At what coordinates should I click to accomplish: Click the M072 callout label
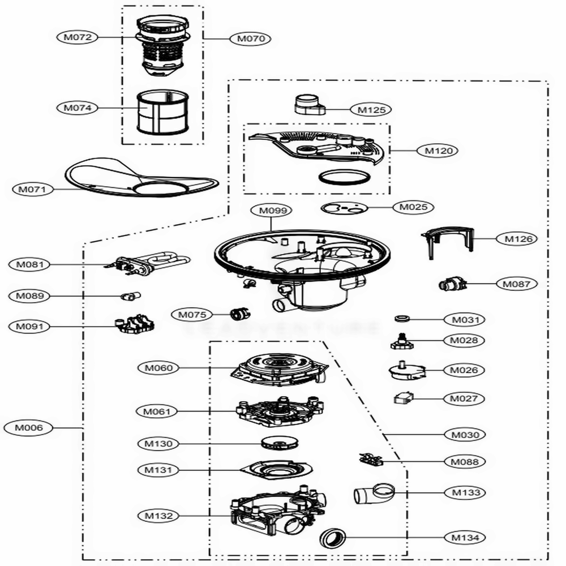pyautogui.click(x=78, y=37)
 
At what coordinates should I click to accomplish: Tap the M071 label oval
pyautogui.click(x=32, y=189)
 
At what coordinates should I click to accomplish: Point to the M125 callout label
pyautogui.click(x=371, y=109)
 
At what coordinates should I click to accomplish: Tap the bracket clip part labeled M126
pyautogui.click(x=447, y=241)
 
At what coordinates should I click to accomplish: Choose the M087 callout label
pyautogui.click(x=517, y=283)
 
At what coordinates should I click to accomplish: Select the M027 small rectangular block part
pyautogui.click(x=404, y=398)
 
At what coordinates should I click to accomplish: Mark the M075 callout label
pyautogui.click(x=192, y=314)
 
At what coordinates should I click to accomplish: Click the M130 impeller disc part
pyautogui.click(x=280, y=442)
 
